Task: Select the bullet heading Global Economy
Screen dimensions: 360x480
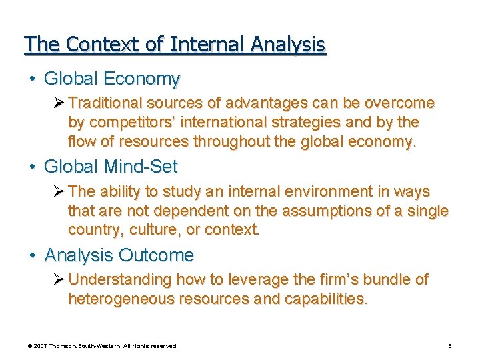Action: tap(112, 79)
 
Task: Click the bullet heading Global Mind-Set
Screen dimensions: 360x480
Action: tap(111, 166)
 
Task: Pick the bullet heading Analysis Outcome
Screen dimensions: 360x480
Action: tap(119, 255)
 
